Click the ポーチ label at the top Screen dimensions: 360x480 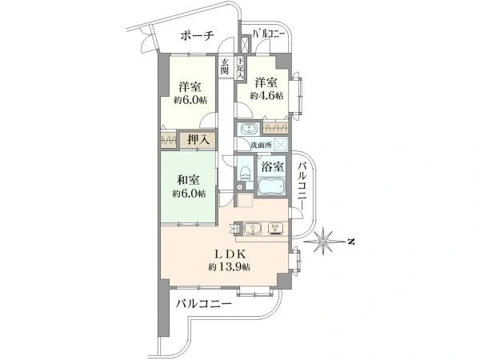pos(197,35)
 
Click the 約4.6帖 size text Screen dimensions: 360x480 pos(266,95)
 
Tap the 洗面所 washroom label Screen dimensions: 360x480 pos(262,146)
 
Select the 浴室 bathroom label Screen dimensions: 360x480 pos(272,166)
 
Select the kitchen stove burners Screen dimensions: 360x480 pos(277,227)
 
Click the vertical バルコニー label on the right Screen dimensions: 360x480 pos(303,183)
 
